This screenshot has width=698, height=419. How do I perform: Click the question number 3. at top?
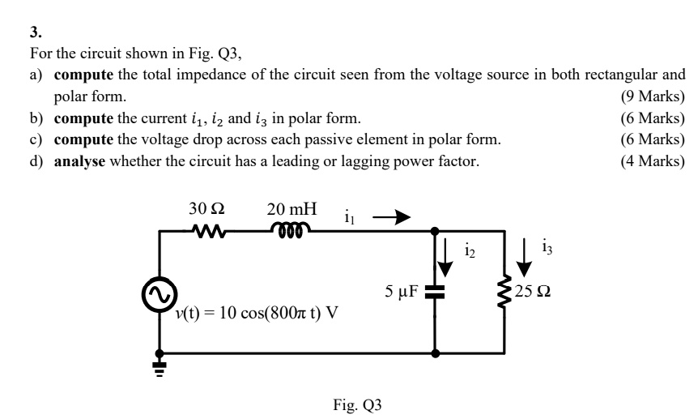pyautogui.click(x=35, y=33)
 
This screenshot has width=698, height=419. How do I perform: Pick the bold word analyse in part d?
pyautogui.click(x=79, y=160)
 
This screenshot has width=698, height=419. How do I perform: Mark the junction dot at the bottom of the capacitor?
pyautogui.click(x=436, y=354)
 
